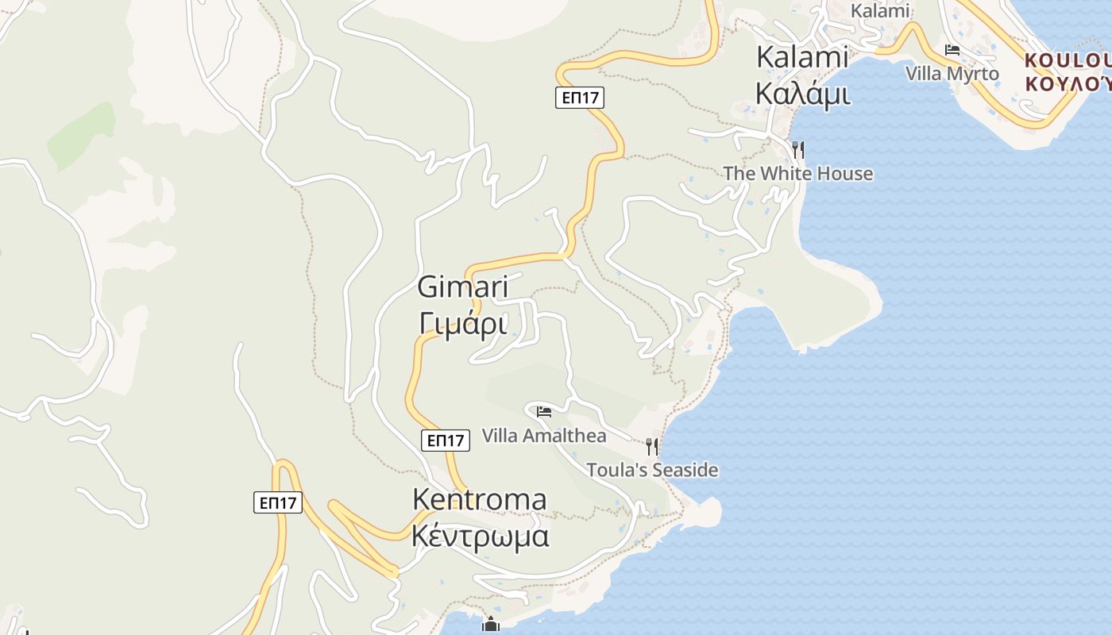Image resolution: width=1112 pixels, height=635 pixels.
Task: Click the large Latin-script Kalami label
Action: pos(802,57)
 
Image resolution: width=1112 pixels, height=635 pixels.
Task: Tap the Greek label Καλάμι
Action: pos(802,94)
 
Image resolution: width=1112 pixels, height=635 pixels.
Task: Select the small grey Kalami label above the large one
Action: pos(879,11)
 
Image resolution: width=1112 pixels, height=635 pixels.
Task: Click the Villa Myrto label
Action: pos(952,74)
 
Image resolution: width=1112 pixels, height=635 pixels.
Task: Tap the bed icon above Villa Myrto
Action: pos(952,50)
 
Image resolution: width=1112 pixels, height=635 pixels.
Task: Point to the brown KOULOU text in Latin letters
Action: pos(1067,60)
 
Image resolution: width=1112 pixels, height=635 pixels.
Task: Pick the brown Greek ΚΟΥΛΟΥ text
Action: pos(1067,83)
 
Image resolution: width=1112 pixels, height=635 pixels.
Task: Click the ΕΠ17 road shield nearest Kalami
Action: pos(579,98)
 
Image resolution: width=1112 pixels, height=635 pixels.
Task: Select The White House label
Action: pos(797,174)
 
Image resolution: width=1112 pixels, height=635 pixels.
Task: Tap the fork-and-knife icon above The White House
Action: pos(798,148)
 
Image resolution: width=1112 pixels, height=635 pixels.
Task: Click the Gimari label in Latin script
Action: pos(463,287)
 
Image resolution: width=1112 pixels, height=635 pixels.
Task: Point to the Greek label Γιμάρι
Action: pos(463,323)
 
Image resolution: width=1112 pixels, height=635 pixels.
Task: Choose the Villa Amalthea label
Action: pos(544,436)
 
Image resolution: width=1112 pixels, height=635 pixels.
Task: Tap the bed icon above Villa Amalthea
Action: pos(544,411)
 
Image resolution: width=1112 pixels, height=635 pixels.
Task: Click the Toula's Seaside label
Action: pos(652,470)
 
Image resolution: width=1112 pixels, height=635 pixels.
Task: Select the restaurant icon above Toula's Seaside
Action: pos(652,445)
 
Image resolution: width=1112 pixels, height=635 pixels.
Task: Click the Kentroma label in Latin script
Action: pos(480,499)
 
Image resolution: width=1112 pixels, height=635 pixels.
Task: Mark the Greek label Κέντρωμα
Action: pos(480,536)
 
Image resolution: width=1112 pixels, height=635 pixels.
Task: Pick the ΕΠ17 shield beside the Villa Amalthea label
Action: pos(445,441)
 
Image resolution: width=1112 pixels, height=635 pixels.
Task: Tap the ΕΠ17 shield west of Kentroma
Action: pos(278,502)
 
